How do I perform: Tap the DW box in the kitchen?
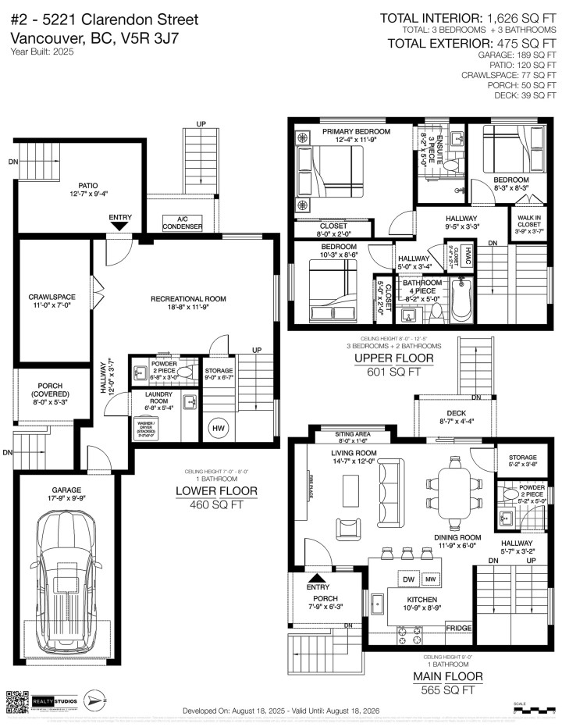click(x=407, y=579)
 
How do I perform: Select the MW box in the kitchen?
click(x=431, y=579)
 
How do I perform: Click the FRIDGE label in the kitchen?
click(x=458, y=628)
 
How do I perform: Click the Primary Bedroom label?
click(x=355, y=136)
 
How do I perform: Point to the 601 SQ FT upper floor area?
click(x=389, y=372)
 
